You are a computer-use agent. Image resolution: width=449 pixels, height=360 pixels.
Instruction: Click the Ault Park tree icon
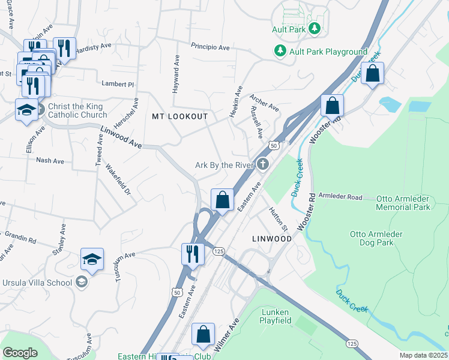click(314, 28)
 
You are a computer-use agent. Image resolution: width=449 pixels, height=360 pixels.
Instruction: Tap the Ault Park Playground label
click(328, 52)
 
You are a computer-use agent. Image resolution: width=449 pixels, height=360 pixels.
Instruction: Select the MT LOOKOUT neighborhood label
click(179, 116)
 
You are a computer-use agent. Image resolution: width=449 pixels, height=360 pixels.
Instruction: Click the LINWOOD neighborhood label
click(271, 239)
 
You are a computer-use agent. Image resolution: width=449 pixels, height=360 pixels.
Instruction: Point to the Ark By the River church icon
click(263, 164)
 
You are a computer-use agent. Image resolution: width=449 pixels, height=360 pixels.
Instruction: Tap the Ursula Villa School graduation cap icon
click(81, 282)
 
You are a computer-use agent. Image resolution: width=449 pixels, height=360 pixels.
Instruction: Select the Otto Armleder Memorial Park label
click(403, 202)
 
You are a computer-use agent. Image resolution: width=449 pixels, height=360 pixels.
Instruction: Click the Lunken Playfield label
click(276, 316)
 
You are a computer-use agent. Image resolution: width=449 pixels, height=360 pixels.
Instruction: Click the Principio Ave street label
click(210, 47)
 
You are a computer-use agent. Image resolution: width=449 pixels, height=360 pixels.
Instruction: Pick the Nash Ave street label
click(50, 161)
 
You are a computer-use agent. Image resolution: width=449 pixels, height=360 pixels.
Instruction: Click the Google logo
click(20, 352)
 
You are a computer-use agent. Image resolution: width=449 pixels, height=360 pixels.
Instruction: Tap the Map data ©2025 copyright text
click(423, 355)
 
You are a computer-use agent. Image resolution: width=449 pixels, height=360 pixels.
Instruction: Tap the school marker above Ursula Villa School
click(92, 259)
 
